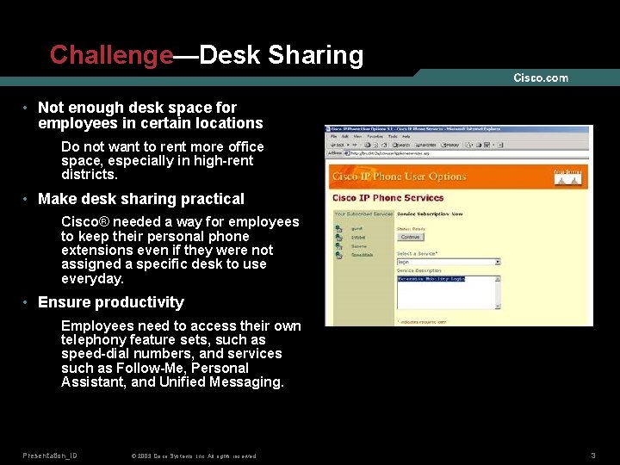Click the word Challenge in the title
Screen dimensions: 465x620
111,55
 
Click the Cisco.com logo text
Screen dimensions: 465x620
541,78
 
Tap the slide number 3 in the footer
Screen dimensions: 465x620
593,455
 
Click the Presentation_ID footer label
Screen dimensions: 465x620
50,455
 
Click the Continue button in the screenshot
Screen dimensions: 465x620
411,237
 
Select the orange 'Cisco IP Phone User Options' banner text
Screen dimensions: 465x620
399,177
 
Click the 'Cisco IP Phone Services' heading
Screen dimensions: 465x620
387,198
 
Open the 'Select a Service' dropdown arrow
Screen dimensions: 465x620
498,262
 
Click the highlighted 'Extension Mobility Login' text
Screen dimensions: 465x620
431,279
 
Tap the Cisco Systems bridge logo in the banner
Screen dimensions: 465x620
567,175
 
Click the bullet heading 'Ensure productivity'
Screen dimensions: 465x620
111,302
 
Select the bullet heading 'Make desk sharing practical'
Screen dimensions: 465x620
141,199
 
